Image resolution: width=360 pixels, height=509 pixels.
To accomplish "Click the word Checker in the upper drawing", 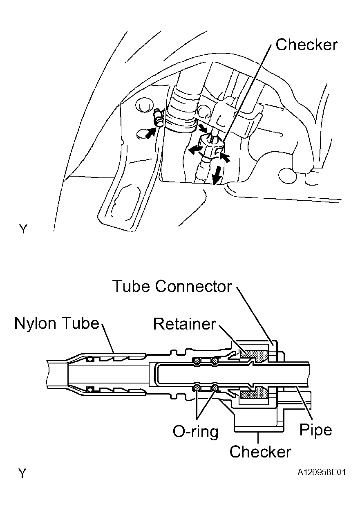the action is click(x=306, y=45).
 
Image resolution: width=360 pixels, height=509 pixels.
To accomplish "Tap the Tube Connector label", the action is click(x=172, y=286).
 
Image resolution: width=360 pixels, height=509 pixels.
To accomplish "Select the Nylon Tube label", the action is click(x=57, y=323).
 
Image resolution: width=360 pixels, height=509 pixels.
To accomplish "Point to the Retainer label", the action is click(x=184, y=324).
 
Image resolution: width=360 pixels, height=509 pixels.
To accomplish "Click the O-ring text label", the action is click(x=196, y=432).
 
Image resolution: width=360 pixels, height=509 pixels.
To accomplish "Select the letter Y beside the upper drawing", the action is click(x=23, y=229).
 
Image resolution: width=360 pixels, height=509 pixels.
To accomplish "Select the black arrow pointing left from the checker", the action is click(x=195, y=150).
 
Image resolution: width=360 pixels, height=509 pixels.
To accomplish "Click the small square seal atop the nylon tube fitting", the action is click(x=90, y=359).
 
